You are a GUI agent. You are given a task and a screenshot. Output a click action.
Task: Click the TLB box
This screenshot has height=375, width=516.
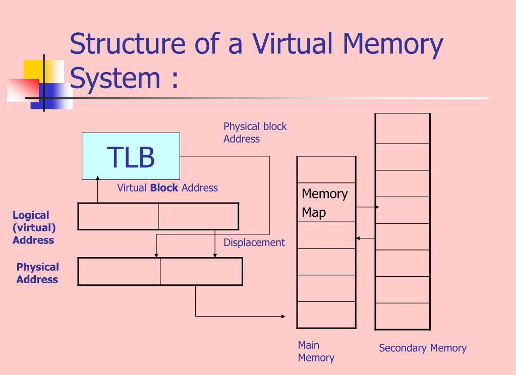(x=131, y=156)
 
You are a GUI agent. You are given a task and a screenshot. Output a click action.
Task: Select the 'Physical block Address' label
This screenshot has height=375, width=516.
(x=255, y=133)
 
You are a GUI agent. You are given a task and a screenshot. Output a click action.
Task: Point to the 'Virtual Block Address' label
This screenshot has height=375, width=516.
(x=167, y=188)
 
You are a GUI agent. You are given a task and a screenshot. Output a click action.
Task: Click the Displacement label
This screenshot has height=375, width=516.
(x=254, y=242)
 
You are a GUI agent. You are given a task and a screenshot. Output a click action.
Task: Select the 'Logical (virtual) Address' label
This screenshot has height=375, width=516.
(x=33, y=228)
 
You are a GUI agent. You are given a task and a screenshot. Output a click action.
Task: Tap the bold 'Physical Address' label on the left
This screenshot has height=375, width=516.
(x=37, y=273)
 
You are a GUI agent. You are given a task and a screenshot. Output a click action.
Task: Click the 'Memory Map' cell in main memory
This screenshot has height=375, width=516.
(x=325, y=203)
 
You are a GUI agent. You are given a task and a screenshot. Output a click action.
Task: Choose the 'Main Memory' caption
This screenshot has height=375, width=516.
(x=316, y=351)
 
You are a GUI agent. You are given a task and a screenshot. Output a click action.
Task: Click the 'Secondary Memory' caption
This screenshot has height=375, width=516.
(x=423, y=348)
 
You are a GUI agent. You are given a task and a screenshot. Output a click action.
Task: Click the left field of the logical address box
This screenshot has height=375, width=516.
(x=118, y=216)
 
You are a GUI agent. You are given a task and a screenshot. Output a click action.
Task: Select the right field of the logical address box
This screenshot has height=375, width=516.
(x=198, y=216)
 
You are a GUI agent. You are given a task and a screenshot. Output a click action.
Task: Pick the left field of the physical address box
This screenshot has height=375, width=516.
(x=119, y=271)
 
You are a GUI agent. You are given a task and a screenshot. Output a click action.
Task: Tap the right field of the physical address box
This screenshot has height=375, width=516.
(x=201, y=271)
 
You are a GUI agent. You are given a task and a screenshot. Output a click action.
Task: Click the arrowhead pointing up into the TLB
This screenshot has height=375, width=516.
(x=98, y=178)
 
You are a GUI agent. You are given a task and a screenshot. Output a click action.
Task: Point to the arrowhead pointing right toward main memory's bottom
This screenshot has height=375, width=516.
(x=282, y=317)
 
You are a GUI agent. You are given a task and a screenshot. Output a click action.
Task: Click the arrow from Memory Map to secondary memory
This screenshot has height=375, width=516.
(x=367, y=207)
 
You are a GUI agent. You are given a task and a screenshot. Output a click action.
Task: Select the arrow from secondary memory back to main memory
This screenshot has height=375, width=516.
(x=365, y=238)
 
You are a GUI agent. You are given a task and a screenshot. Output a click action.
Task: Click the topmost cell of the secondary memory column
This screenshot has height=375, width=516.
(x=402, y=129)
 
